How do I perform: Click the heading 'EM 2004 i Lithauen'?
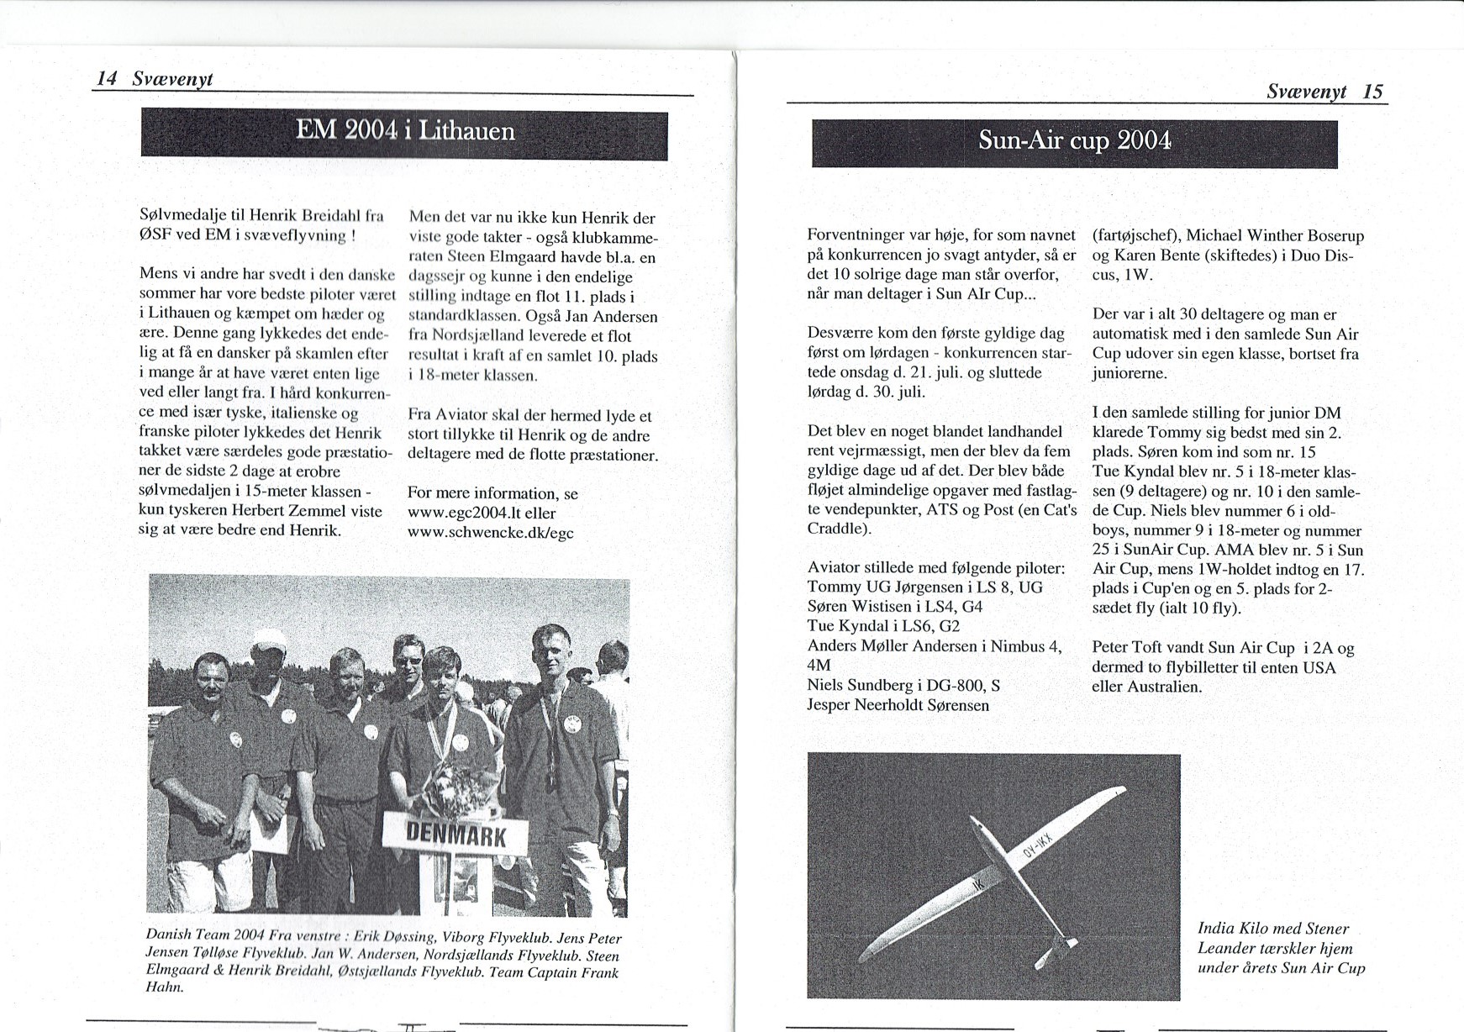pyautogui.click(x=404, y=133)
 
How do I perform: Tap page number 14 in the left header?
pyautogui.click(x=106, y=79)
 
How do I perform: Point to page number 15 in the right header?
pyautogui.click(x=1372, y=92)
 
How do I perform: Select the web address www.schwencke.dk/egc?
pyautogui.click(x=490, y=533)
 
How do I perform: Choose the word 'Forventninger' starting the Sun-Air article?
pyautogui.click(x=855, y=235)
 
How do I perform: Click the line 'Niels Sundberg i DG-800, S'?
pyautogui.click(x=903, y=685)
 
